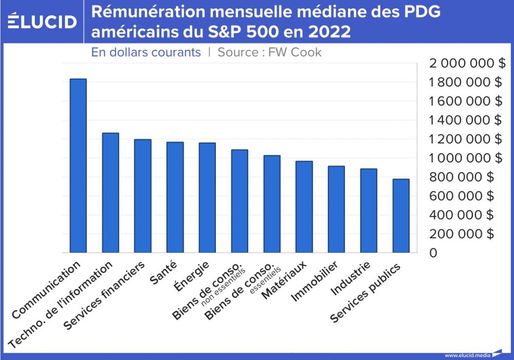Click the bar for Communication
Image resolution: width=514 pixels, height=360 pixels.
click(x=78, y=166)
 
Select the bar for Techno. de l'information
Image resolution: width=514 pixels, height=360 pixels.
click(x=111, y=193)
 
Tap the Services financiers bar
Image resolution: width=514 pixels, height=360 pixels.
click(x=142, y=196)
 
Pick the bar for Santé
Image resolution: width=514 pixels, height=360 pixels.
click(x=175, y=197)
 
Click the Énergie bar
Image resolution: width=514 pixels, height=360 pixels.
click(x=207, y=198)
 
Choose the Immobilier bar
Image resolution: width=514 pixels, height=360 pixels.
click(x=336, y=209)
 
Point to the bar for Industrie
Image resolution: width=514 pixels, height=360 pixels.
click(x=368, y=211)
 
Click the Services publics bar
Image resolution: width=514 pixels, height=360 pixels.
click(x=400, y=216)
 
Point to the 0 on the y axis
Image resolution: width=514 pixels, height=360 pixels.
click(x=434, y=253)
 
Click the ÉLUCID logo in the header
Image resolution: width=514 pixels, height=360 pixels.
click(x=43, y=21)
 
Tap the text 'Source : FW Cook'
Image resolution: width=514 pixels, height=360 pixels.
click(x=269, y=52)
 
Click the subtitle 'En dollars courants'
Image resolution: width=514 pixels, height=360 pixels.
click(x=146, y=52)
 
